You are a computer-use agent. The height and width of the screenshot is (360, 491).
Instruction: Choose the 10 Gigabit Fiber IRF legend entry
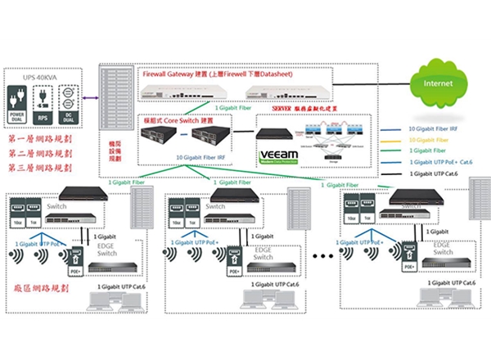pyautogui.click(x=434, y=128)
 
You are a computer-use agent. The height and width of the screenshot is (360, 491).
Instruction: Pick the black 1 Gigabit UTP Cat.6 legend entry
pyautogui.click(x=435, y=173)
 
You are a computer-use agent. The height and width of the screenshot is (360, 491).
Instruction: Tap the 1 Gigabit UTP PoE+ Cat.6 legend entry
pyautogui.click(x=440, y=162)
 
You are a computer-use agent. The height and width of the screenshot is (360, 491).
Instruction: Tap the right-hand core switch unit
pyautogui.click(x=206, y=137)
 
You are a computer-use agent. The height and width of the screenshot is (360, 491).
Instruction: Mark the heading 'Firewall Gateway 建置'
pyautogui.click(x=173, y=73)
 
